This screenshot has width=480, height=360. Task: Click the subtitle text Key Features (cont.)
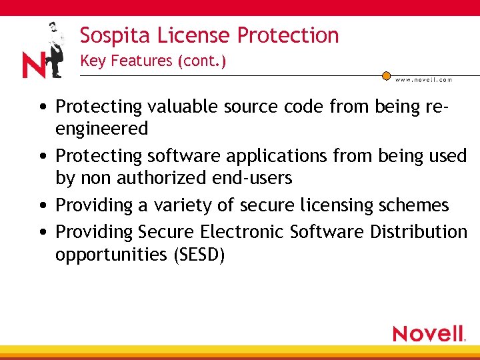[153, 61]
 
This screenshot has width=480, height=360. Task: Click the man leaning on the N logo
[55, 50]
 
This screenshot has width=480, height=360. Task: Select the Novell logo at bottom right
[429, 333]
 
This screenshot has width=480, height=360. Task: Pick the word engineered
[101, 128]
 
